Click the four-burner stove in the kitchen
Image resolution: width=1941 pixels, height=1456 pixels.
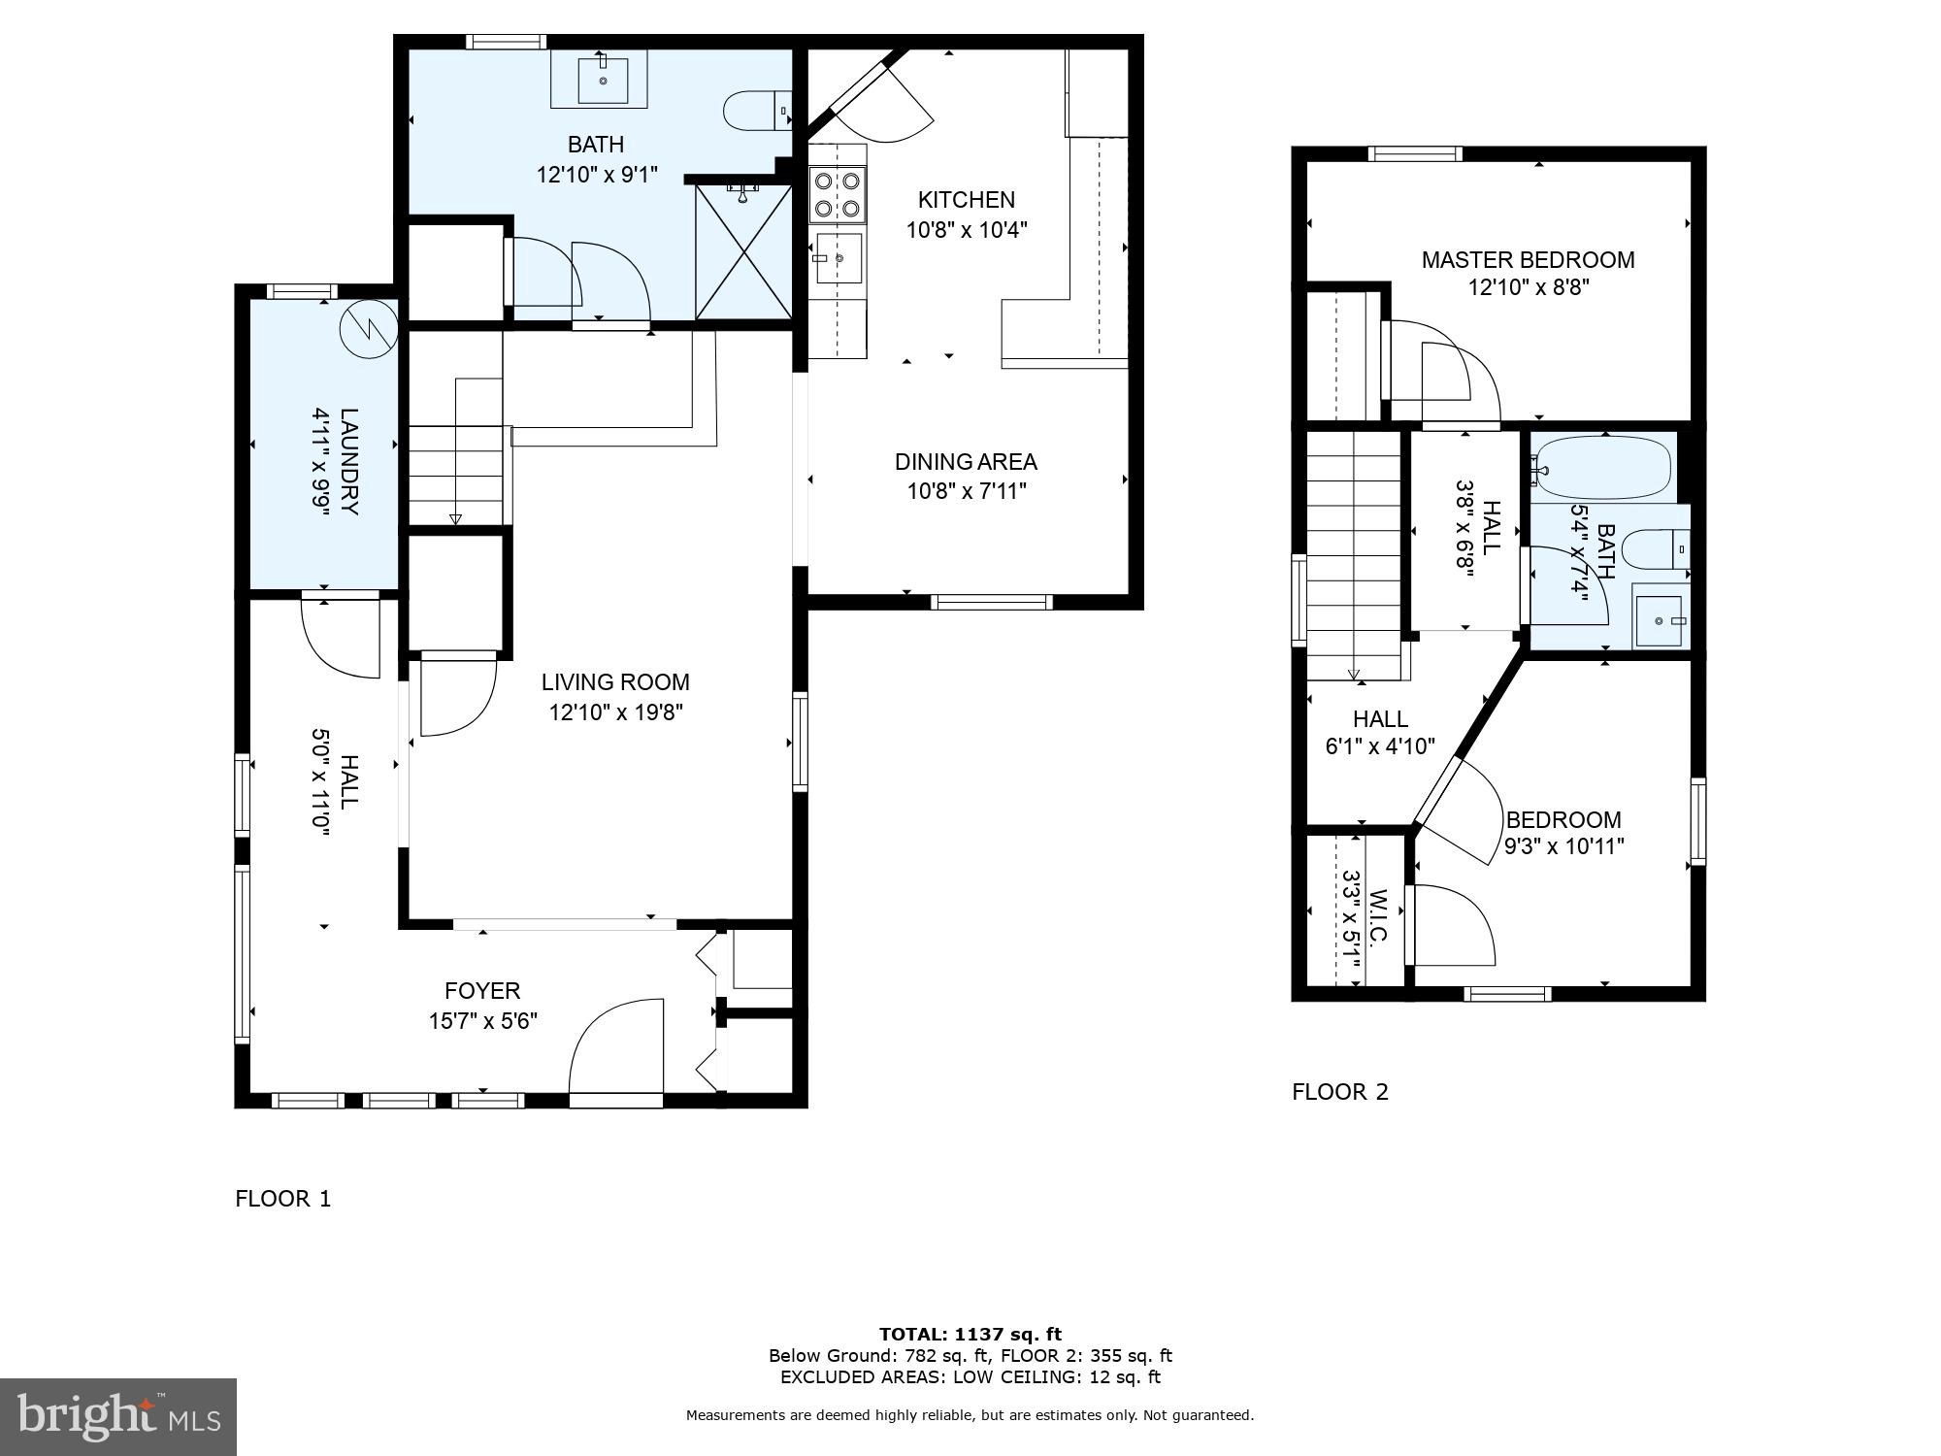(x=838, y=193)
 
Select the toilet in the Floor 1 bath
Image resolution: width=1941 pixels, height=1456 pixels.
(x=757, y=110)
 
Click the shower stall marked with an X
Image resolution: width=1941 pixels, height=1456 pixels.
(x=743, y=251)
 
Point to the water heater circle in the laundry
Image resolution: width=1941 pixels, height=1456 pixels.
(x=368, y=327)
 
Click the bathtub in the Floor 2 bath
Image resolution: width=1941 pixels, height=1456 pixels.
(x=1602, y=468)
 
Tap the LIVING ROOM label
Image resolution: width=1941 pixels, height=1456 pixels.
(x=615, y=682)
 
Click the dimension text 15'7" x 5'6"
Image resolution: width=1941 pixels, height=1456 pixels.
(x=482, y=1021)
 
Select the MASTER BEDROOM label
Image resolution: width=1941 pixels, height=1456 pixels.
(x=1528, y=260)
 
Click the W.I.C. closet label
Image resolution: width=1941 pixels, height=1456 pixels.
(x=1379, y=916)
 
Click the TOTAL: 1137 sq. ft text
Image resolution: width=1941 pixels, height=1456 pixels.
(x=970, y=1335)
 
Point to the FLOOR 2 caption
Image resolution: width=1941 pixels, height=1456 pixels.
(x=1339, y=1092)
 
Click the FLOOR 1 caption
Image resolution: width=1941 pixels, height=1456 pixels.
(x=282, y=1199)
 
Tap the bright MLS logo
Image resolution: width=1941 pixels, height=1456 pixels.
(x=117, y=1417)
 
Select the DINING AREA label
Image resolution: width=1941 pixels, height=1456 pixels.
(x=966, y=462)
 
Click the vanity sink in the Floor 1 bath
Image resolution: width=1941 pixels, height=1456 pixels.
(x=603, y=80)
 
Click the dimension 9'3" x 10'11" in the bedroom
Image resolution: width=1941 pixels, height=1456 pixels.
(x=1563, y=846)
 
